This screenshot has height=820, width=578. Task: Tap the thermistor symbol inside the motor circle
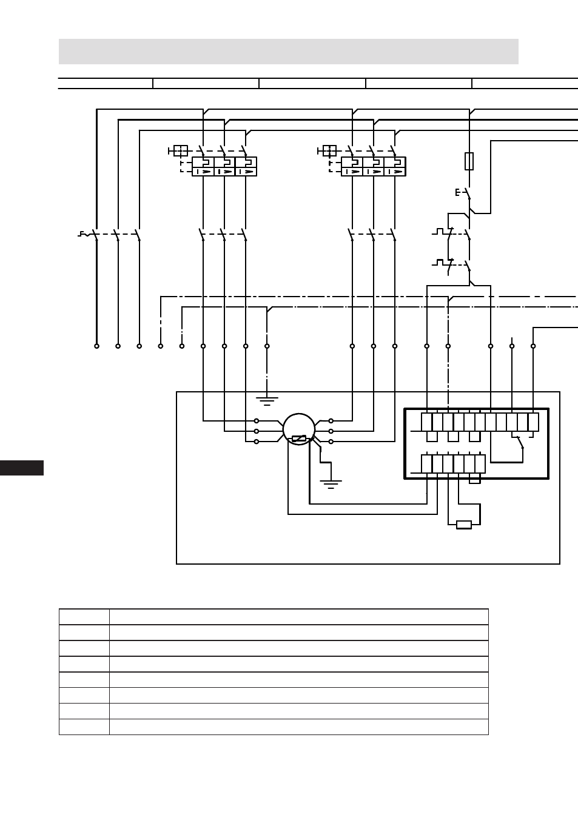[298, 438]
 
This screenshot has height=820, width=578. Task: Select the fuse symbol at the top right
[469, 161]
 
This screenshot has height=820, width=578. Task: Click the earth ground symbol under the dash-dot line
[267, 401]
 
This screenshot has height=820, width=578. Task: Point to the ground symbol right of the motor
[331, 485]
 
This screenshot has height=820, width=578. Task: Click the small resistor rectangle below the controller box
[464, 525]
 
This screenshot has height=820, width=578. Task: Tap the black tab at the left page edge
[22, 468]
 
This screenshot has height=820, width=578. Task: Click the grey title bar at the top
[289, 52]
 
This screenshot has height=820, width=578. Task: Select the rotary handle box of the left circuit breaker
[181, 150]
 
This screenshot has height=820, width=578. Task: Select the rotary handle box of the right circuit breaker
[329, 150]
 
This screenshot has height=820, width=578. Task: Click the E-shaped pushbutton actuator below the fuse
[457, 192]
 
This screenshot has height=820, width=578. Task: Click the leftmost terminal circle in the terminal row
[96, 346]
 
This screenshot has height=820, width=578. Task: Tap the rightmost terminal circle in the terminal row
[533, 346]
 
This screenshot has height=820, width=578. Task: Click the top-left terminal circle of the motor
[256, 421]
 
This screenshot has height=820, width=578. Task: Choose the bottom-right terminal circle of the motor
[331, 442]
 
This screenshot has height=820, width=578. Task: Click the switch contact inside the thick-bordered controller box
[520, 443]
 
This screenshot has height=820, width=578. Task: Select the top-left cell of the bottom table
[84, 616]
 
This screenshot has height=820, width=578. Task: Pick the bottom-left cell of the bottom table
[84, 727]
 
